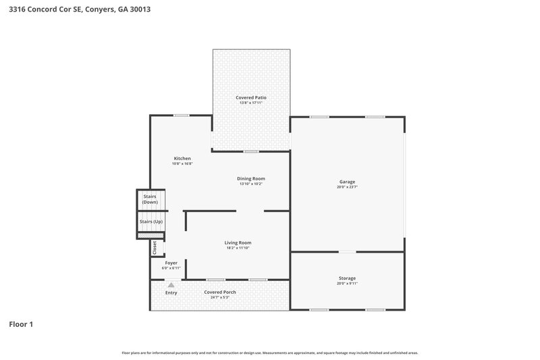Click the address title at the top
75,9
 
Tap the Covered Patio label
251,98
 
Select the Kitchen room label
182,159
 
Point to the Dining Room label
250,178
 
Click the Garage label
347,182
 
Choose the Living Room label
238,242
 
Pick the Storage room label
347,278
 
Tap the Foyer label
171,263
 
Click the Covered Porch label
220,292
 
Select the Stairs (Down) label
150,199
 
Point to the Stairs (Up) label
151,222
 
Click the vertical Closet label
155,247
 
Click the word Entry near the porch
171,292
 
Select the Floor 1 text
21,324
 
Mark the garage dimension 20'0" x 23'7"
347,187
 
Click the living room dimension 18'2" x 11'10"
238,248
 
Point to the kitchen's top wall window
180,115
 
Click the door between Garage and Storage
347,252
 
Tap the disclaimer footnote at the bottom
269,353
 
